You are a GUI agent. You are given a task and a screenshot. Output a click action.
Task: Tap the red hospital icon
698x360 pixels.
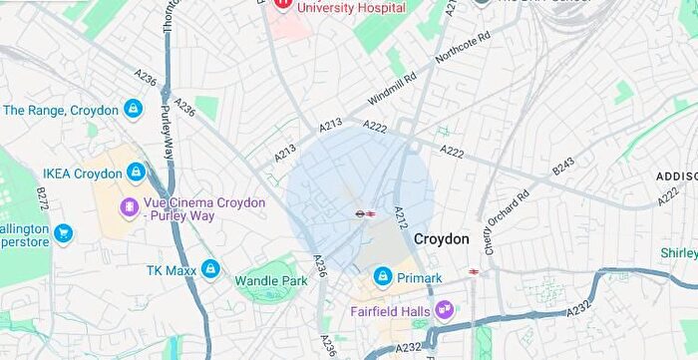282,5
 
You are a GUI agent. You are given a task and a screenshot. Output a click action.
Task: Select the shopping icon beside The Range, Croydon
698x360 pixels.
133,110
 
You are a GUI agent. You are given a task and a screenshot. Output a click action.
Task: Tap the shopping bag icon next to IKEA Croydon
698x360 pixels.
136,173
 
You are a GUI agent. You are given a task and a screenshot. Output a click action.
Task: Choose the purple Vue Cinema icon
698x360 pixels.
129,207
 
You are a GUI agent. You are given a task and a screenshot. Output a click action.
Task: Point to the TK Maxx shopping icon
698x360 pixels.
209,268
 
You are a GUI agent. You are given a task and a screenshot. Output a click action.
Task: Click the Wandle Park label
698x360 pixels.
271,281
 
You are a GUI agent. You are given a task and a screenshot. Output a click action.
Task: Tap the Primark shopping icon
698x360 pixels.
382,276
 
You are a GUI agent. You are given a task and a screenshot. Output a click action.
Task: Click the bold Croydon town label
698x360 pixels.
441,239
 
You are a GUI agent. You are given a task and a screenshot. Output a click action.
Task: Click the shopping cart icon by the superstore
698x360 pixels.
63,233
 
